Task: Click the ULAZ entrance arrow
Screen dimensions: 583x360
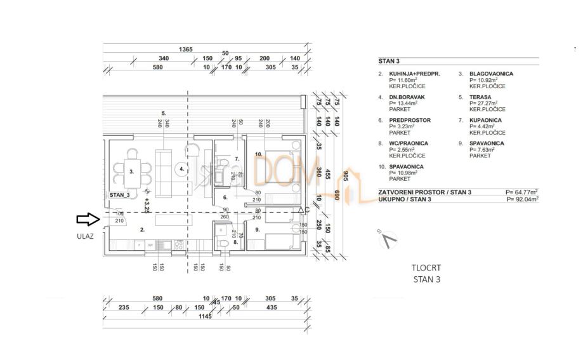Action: (88, 220)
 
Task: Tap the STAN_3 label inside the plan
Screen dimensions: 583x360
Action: (119, 195)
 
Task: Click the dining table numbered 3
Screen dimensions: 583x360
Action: (131, 171)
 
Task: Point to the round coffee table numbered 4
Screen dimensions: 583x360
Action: (181, 169)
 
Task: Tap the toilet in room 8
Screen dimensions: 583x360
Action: (223, 245)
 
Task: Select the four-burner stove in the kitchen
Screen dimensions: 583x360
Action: (179, 244)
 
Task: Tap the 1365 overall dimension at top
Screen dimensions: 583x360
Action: (185, 49)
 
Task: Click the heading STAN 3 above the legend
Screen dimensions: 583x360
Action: (389, 62)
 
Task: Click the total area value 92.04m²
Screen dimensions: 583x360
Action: (523, 199)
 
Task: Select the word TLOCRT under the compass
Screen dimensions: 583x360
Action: (424, 268)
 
